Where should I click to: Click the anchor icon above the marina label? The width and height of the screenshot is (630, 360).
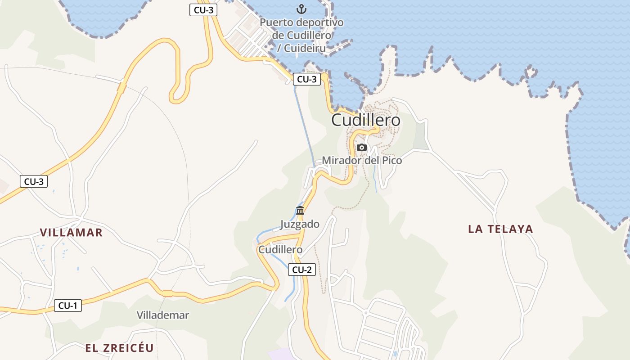[x=301, y=9]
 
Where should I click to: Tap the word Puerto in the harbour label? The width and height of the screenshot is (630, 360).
[x=276, y=22]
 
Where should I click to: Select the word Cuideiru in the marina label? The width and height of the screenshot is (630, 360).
[x=305, y=48]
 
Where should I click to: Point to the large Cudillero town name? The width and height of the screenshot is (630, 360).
[x=365, y=120]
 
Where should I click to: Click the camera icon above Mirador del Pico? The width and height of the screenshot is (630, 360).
[x=361, y=147]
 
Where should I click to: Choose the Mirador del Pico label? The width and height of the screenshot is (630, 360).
[x=362, y=160]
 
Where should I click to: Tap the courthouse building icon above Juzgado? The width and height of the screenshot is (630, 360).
[x=300, y=210]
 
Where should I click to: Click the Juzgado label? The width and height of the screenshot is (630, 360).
[x=300, y=224]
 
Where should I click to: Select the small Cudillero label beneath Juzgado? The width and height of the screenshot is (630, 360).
[x=280, y=249]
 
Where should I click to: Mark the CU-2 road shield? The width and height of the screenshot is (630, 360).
[x=301, y=270]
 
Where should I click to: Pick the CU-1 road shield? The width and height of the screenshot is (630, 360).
[x=68, y=306]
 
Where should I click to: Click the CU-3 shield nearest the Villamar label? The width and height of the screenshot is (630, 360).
[x=34, y=182]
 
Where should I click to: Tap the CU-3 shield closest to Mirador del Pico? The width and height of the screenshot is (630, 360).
[x=307, y=79]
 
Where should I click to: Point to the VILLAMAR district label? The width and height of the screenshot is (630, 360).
[x=71, y=233]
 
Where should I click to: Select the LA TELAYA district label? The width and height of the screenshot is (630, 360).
[x=500, y=229]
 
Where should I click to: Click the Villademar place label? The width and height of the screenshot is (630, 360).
[x=163, y=315]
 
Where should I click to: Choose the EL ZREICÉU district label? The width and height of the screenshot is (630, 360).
[x=119, y=348]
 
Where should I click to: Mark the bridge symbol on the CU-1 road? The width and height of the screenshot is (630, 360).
[x=167, y=293]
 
